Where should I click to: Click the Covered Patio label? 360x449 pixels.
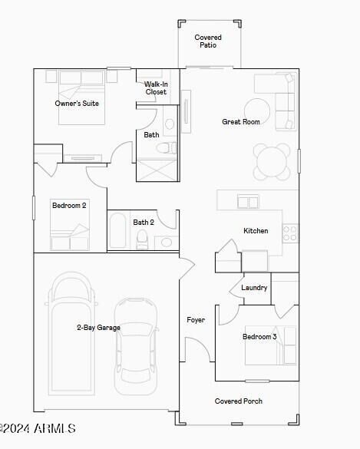pyautogui.click(x=208, y=41)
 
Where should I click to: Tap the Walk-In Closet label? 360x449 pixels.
pyautogui.click(x=156, y=88)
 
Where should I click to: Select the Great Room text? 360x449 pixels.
pyautogui.click(x=241, y=122)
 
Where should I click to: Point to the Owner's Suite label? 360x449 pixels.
pyautogui.click(x=77, y=103)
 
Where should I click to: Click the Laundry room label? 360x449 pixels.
pyautogui.click(x=254, y=288)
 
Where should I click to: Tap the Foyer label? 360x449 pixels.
pyautogui.click(x=196, y=319)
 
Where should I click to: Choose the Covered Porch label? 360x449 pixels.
pyautogui.click(x=239, y=401)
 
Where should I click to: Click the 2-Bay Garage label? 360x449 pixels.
pyautogui.click(x=98, y=328)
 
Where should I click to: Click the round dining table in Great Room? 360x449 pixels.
pyautogui.click(x=272, y=162)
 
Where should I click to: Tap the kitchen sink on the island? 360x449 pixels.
pyautogui.click(x=248, y=202)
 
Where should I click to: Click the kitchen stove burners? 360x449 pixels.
pyautogui.click(x=290, y=233)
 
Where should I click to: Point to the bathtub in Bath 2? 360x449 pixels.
pyautogui.click(x=118, y=230)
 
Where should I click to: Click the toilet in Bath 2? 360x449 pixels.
pyautogui.click(x=142, y=239)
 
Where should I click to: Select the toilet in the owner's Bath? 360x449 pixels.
pyautogui.click(x=166, y=148)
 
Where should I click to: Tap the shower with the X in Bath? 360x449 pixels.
pyautogui.click(x=157, y=170)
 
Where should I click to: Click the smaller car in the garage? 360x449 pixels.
pyautogui.click(x=136, y=346)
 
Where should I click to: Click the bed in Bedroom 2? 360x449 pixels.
pyautogui.click(x=70, y=225)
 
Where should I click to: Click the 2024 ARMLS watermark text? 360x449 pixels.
pyautogui.click(x=38, y=429)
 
